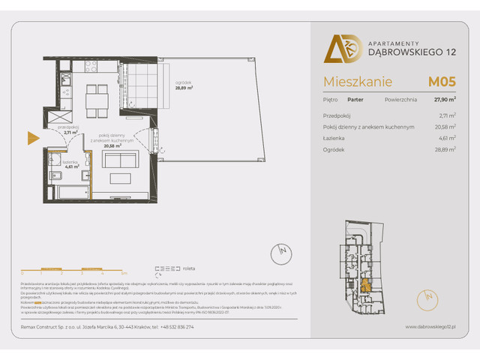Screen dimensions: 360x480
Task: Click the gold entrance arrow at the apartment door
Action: click(x=32, y=137)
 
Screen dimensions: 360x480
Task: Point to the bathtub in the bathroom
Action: click(x=68, y=192)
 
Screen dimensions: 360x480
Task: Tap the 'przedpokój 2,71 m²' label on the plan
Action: click(x=70, y=130)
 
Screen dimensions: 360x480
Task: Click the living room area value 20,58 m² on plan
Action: click(x=112, y=145)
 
